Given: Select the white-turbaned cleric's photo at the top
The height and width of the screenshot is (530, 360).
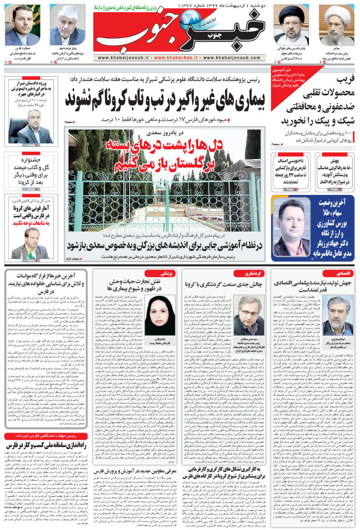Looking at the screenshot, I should coord(338,25).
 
